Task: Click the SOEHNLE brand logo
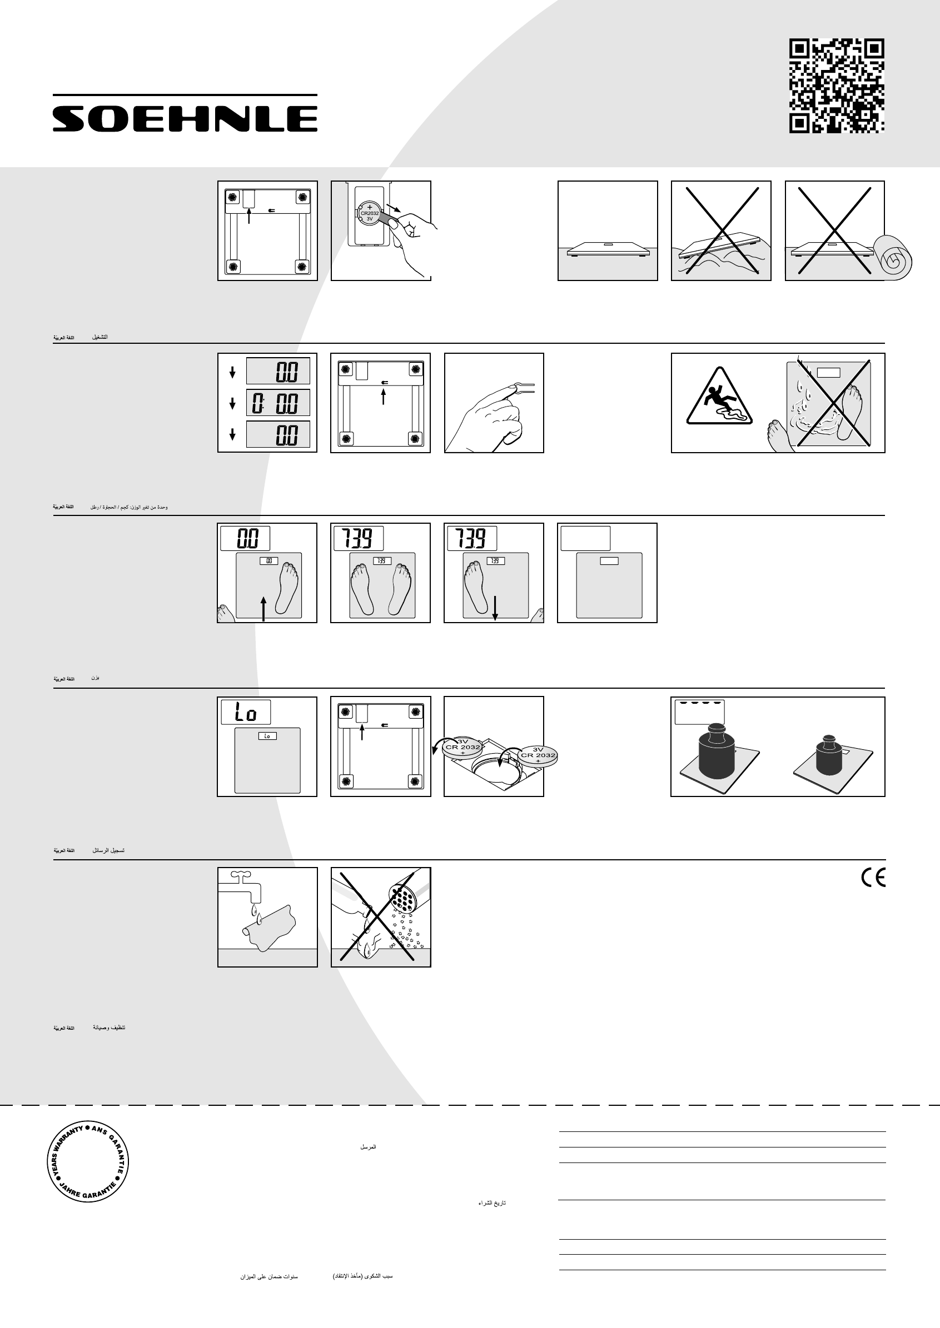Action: [x=185, y=118]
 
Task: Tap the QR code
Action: [x=837, y=86]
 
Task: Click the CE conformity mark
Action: [x=873, y=878]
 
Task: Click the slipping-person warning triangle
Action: [x=719, y=397]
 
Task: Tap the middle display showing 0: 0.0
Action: [x=278, y=403]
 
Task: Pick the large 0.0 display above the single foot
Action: [x=245, y=539]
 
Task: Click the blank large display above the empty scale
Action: [x=586, y=539]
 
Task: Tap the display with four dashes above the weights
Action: [x=700, y=711]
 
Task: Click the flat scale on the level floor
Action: [x=608, y=249]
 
